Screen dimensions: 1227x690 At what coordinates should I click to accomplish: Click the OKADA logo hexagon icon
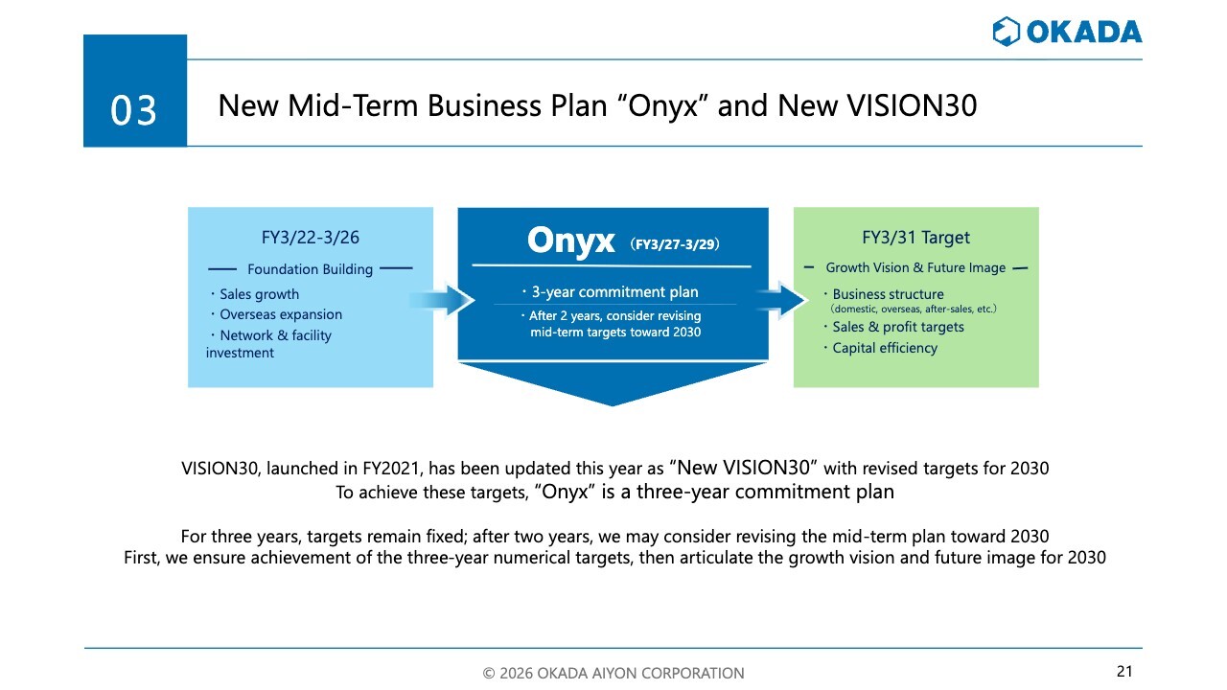click(x=1007, y=32)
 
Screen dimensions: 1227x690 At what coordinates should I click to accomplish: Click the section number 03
click(x=133, y=110)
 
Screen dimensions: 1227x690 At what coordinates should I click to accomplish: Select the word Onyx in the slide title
click(x=662, y=105)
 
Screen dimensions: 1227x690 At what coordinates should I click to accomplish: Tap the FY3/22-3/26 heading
click(x=310, y=237)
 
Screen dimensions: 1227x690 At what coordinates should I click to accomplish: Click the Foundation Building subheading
click(x=310, y=269)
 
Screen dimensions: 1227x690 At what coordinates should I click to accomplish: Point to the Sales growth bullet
click(x=255, y=294)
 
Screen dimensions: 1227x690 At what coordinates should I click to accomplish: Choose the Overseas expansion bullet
click(x=277, y=314)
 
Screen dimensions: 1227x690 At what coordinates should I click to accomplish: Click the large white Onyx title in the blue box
click(x=570, y=241)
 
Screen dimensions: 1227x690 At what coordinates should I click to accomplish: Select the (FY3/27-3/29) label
click(x=675, y=243)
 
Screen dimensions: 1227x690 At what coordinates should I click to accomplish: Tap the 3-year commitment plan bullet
click(x=611, y=292)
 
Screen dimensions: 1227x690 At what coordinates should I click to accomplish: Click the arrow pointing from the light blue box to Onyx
click(x=442, y=300)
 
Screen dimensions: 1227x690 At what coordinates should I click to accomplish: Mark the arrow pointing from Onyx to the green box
click(x=781, y=299)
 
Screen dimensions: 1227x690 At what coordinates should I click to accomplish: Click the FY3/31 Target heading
click(x=915, y=237)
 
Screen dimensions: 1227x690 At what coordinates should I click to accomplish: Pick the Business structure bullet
click(x=884, y=294)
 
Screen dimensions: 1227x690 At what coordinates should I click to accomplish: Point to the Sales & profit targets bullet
click(x=894, y=327)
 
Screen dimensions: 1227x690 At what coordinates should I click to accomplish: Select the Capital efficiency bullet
click(x=881, y=348)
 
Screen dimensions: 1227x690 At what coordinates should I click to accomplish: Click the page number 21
click(x=1124, y=671)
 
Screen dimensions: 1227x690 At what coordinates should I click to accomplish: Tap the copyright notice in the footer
click(x=613, y=673)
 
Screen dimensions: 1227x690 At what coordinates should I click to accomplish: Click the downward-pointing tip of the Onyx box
click(x=613, y=405)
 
